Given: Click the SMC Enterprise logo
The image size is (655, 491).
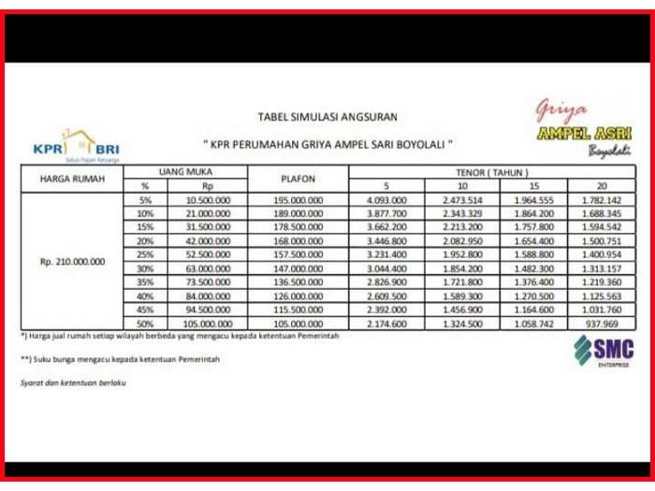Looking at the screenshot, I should point(604,352).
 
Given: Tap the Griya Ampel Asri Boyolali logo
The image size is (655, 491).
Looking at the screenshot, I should point(583,129).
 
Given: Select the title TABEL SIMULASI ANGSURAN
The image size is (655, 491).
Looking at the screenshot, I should point(327,117).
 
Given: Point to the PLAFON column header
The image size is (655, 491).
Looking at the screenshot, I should point(298,179).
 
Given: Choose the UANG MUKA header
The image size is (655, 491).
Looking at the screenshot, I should point(189,172).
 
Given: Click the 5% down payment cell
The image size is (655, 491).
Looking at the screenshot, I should point(145,200).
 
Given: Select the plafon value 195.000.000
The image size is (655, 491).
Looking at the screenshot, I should point(298,200).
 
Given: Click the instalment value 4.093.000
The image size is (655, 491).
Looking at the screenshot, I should point(387,200).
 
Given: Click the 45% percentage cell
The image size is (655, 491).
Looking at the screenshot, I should point(145,310).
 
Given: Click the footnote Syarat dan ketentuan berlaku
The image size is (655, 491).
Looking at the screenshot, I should point(73,382).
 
